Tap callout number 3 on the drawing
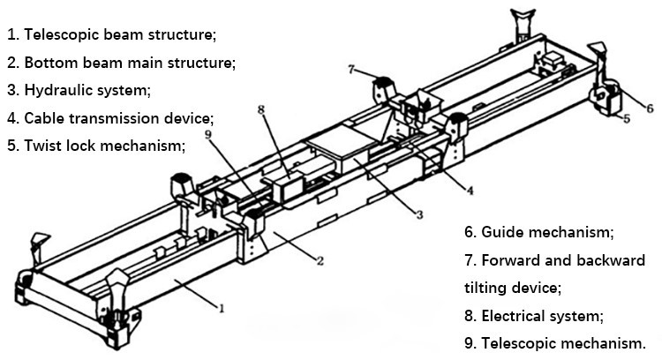[x=419, y=214]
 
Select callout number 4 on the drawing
[x=470, y=190]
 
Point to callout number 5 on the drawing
[x=626, y=118]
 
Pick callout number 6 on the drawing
[x=649, y=109]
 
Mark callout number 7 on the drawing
[x=351, y=69]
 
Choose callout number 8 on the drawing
[x=261, y=110]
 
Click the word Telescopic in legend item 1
[x=61, y=35]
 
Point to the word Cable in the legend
[x=43, y=118]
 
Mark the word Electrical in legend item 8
[x=514, y=315]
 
